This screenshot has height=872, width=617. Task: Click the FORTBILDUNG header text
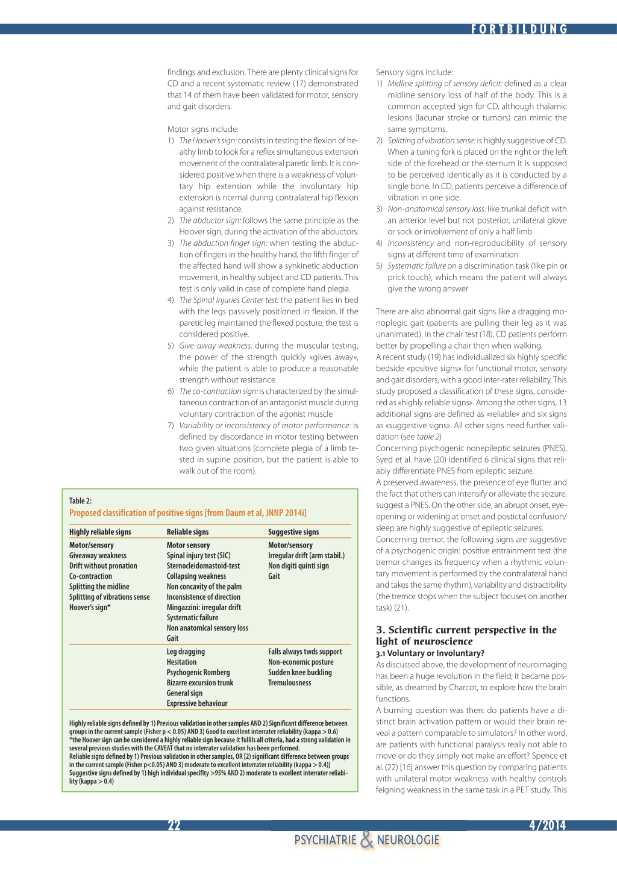pyautogui.click(x=519, y=29)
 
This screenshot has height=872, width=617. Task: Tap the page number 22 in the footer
pyautogui.click(x=174, y=825)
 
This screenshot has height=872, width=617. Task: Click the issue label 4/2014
pyautogui.click(x=547, y=825)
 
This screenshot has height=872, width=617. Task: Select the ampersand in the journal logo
pyautogui.click(x=366, y=839)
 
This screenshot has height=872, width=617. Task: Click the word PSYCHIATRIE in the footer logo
pyautogui.click(x=325, y=840)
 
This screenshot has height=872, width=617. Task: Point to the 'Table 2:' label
pyautogui.click(x=80, y=500)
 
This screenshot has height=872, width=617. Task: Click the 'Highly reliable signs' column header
pyautogui.click(x=100, y=532)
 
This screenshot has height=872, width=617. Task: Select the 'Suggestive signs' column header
pyautogui.click(x=293, y=532)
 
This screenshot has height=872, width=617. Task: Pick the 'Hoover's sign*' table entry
pyautogui.click(x=90, y=607)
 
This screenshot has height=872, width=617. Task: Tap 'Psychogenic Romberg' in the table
pyautogui.click(x=198, y=672)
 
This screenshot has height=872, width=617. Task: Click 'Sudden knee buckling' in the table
pyautogui.click(x=300, y=672)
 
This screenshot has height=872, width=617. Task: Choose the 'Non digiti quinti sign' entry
pyautogui.click(x=298, y=565)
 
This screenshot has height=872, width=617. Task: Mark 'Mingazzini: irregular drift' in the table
pyautogui.click(x=204, y=607)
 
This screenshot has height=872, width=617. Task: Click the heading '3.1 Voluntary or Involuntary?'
pyautogui.click(x=430, y=653)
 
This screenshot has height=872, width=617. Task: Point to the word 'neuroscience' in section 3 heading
pyautogui.click(x=443, y=641)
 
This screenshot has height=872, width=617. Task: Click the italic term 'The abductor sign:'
pyautogui.click(x=210, y=220)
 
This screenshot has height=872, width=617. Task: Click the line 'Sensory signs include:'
pyautogui.click(x=415, y=72)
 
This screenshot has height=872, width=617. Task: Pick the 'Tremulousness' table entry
pyautogui.click(x=290, y=682)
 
